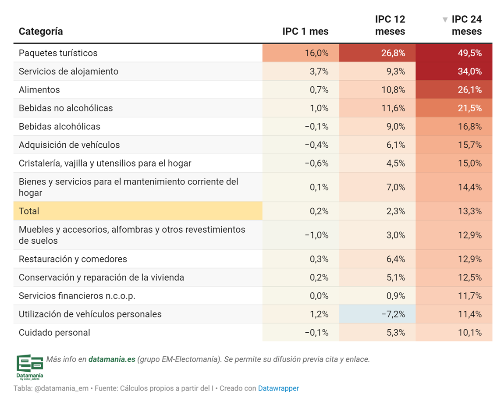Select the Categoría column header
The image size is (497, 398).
tap(41, 32)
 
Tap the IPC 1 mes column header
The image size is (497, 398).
tap(305, 32)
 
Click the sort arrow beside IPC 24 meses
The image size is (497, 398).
tap(445, 20)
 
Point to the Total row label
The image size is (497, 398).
tap(29, 211)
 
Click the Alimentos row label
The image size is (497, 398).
tap(39, 90)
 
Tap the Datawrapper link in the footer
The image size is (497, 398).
tap(278, 388)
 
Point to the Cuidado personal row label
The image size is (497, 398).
tap(54, 333)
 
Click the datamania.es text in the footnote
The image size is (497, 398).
tap(112, 359)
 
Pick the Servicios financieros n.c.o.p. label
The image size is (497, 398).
tap(77, 296)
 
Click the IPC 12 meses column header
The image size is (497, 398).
tap(390, 25)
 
